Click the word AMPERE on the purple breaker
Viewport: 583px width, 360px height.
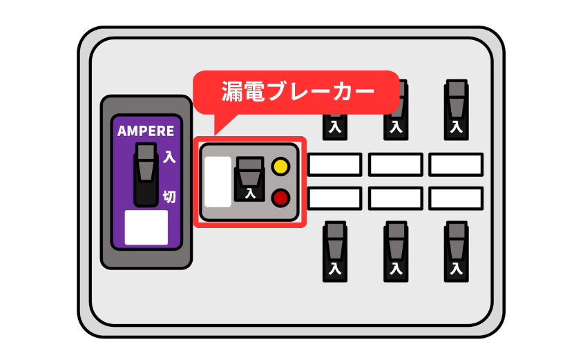coord(146,131)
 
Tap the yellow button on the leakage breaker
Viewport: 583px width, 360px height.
coord(280,167)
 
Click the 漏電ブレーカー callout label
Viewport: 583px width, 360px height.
coord(297,91)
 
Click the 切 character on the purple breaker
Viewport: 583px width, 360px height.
coord(169,197)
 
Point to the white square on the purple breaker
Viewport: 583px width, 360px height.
coord(146,227)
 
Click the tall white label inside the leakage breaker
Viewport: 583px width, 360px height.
coord(218,182)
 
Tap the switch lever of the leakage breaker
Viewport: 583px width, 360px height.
coord(249,178)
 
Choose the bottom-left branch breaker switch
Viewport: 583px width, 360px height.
coord(335,251)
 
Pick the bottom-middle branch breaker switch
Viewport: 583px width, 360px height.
coord(395,251)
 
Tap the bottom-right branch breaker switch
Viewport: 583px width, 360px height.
coord(456,251)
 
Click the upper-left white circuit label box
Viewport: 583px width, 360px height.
coord(334,164)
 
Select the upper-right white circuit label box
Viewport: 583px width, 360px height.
coord(456,164)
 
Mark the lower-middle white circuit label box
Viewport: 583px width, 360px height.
coord(395,198)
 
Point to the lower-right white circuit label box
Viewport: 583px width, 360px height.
coord(456,198)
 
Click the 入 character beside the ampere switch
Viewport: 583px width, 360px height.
coord(169,158)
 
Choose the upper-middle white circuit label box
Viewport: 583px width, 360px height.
coord(395,164)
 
